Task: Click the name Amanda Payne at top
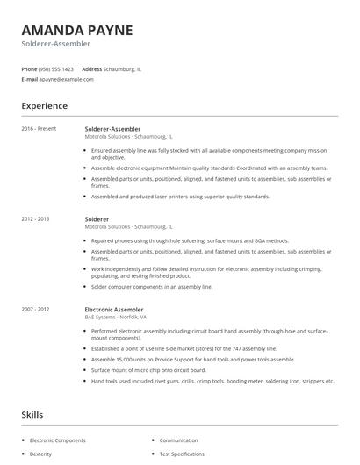[x=77, y=30]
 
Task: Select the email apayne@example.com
[x=67, y=79]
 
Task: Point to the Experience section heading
[x=45, y=106]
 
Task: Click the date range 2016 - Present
[x=39, y=129]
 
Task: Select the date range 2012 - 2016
[x=36, y=218]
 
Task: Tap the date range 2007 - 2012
[x=36, y=309]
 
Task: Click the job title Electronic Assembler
[x=115, y=309]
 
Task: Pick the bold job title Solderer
[x=97, y=218]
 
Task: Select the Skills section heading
[x=33, y=414]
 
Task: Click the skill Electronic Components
[x=59, y=440]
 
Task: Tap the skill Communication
[x=179, y=440]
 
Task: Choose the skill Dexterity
[x=41, y=454]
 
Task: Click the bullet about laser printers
[x=180, y=197]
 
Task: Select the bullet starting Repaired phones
[x=190, y=240]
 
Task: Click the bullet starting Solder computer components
[x=152, y=286]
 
